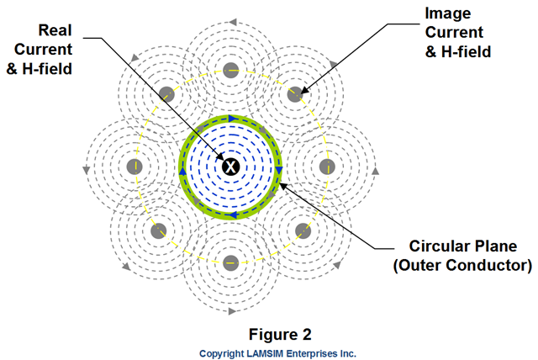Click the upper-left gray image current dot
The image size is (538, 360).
pos(166,94)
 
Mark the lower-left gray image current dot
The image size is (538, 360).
pos(158,229)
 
